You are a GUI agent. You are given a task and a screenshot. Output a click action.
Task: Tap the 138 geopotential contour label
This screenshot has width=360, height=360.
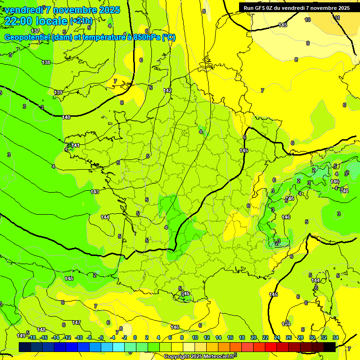(46, 62)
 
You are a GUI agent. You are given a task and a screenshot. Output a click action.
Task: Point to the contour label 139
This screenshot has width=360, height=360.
(58, 92)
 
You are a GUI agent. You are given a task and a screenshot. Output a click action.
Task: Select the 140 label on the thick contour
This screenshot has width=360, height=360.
(66, 117)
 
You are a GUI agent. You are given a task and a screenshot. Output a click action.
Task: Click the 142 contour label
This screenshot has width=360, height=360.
(167, 90)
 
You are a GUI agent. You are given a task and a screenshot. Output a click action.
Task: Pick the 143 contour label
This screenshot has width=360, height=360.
(95, 192)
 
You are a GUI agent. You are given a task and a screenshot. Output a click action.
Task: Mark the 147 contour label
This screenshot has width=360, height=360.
(76, 322)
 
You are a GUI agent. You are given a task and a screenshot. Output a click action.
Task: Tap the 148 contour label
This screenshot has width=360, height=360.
(41, 330)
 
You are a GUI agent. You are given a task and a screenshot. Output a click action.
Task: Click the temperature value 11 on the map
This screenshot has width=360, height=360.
(337, 18)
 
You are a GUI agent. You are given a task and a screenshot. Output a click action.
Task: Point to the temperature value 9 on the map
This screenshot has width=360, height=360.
(308, 43)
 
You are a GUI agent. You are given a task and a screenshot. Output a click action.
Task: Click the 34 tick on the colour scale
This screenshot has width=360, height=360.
(336, 337)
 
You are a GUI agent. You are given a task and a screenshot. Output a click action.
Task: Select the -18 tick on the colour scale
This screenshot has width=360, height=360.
(32, 337)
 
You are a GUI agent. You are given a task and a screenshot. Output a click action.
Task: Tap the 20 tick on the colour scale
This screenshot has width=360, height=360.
(253, 337)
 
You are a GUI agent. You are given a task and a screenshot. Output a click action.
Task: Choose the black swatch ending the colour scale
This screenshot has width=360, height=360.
(329, 346)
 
